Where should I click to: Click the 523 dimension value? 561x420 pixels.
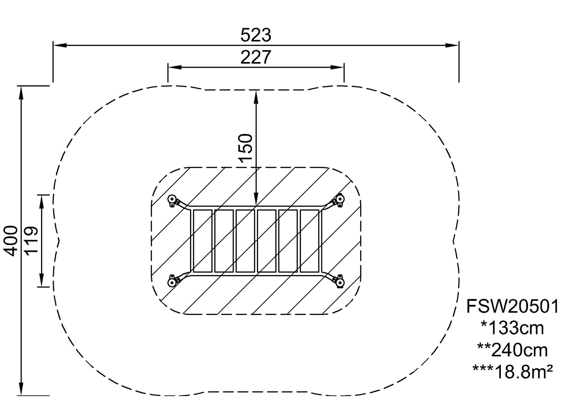256,35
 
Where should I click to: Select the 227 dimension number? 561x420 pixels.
256,57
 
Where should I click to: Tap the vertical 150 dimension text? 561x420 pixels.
245,148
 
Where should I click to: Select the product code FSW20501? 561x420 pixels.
513,306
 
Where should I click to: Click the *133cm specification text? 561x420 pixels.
513,328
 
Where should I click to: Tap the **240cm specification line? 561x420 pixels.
513,350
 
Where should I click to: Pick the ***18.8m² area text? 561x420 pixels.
513,372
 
